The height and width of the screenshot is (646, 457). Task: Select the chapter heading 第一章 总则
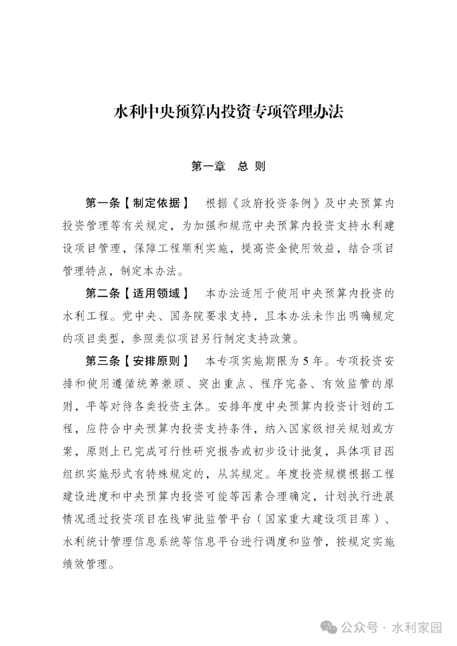coord(228,166)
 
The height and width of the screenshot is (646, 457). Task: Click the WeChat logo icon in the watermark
coord(330,628)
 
